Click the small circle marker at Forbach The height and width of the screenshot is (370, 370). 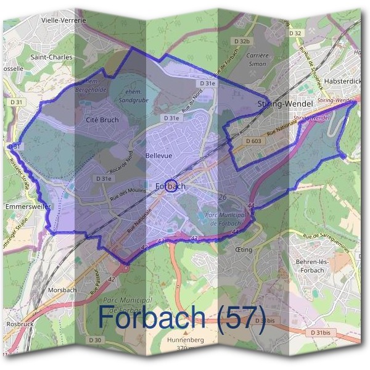[172, 185]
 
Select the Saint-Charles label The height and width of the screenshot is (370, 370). [52, 57]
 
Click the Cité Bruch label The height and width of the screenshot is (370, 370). [102, 120]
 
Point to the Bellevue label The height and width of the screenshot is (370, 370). [158, 156]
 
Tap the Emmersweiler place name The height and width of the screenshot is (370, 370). [26, 206]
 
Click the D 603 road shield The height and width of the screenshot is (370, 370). [253, 142]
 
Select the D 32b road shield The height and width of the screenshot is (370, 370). [243, 41]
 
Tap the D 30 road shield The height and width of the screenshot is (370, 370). [94, 340]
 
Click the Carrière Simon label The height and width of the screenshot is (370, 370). [257, 59]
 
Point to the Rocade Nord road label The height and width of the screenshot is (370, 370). [122, 162]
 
